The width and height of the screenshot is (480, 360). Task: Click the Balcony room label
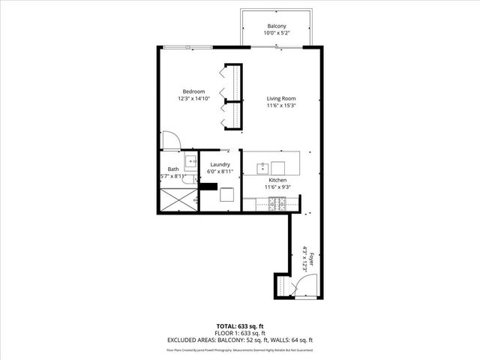coord(277,26)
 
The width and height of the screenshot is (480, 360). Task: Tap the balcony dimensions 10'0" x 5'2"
coord(277,34)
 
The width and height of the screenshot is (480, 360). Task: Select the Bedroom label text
coord(194,91)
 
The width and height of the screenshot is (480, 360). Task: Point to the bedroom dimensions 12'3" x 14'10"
coord(194,99)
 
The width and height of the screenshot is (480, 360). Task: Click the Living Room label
coord(281,98)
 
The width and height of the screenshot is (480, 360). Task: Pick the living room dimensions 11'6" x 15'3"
coord(281,106)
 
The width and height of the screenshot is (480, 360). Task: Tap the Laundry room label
coord(220,164)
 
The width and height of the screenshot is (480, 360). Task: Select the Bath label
coord(173,169)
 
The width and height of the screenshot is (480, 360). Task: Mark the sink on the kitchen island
coord(278,167)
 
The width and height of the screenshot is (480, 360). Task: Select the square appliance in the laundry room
coord(227,195)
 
